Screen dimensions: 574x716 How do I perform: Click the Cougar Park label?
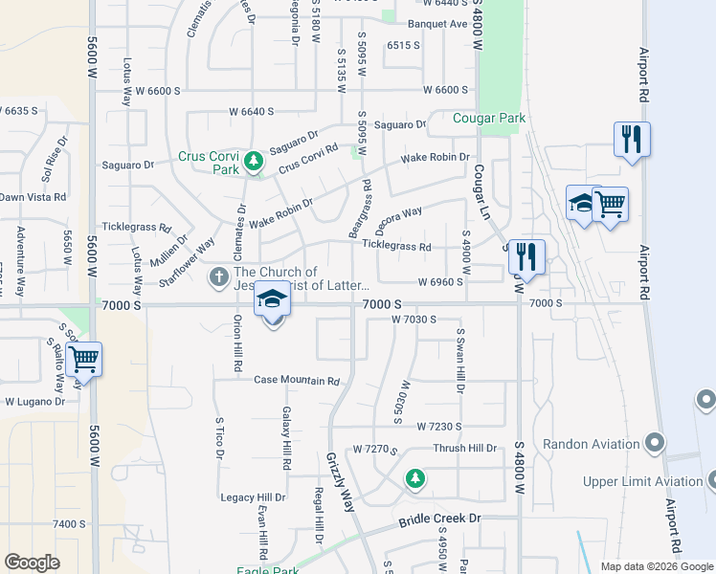click(x=490, y=119)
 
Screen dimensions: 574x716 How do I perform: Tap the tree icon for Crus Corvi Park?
click(x=254, y=161)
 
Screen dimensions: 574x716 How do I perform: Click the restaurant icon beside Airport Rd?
click(x=632, y=139)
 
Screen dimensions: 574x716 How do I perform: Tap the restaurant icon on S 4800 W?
click(x=526, y=255)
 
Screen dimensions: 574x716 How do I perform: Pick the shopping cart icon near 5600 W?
click(x=84, y=360)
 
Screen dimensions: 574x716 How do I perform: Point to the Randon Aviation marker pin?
click(x=655, y=443)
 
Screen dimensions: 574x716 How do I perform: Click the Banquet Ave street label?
click(x=437, y=24)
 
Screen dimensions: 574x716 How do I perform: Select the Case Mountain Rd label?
click(x=297, y=380)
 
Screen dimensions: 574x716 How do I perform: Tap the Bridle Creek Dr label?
click(x=439, y=519)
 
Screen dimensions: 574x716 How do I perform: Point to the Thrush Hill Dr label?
click(x=465, y=448)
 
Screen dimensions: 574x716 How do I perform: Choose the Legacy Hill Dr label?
click(x=253, y=497)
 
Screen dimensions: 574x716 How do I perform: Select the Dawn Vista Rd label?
click(x=33, y=197)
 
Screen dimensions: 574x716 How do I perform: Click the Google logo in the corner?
click(x=32, y=563)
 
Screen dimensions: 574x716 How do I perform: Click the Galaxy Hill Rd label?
click(x=285, y=438)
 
